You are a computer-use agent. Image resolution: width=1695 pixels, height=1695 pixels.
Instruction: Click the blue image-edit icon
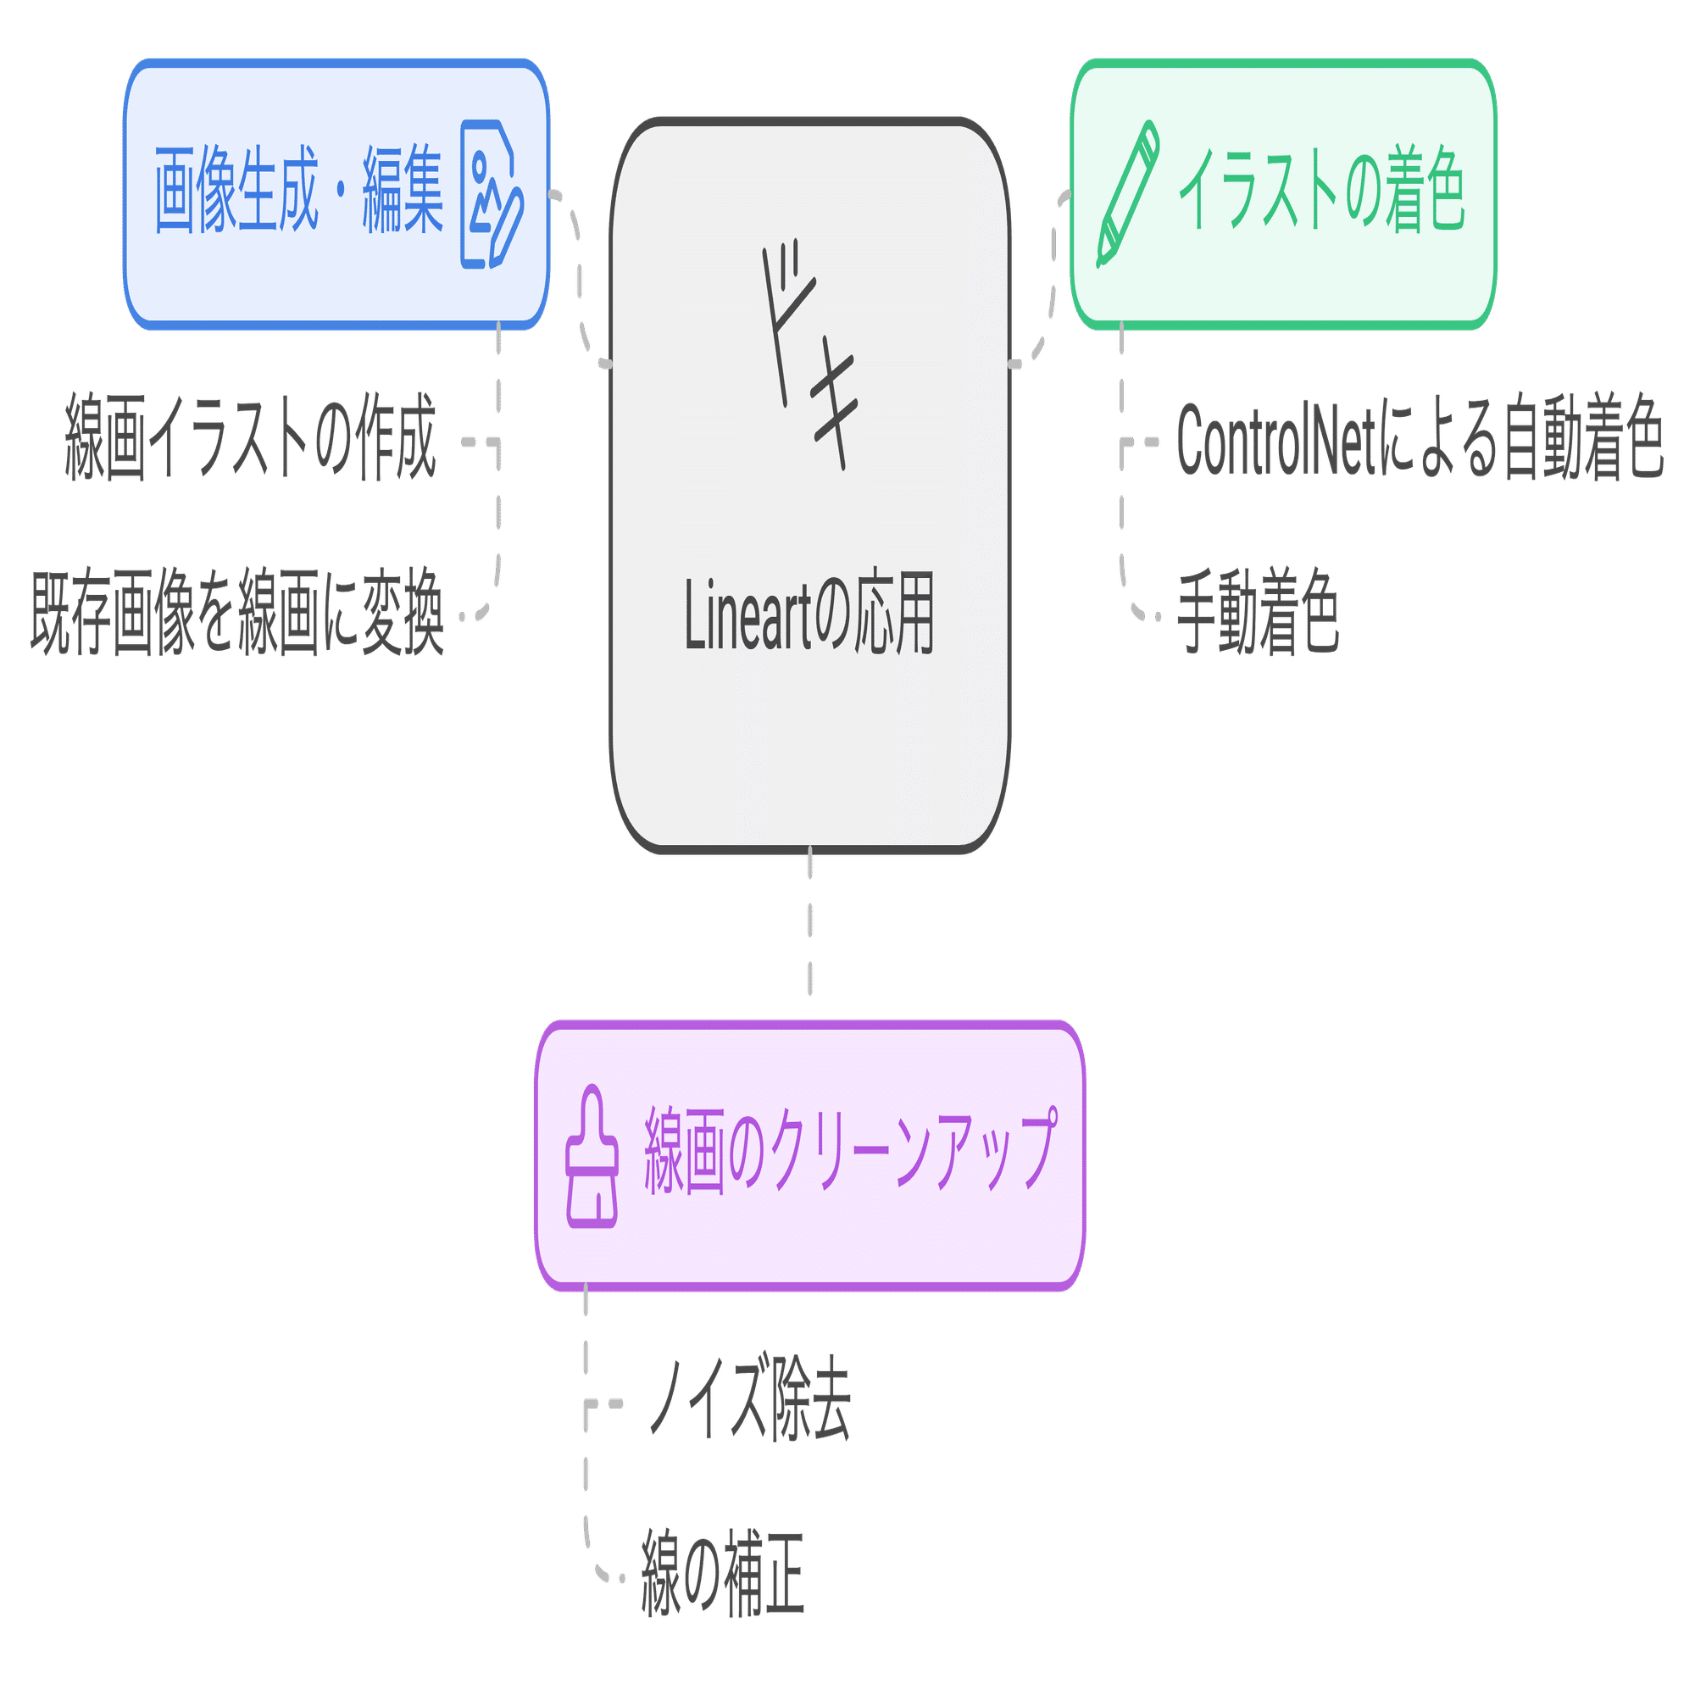click(492, 194)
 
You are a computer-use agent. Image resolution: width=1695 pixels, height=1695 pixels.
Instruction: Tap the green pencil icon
click(1128, 193)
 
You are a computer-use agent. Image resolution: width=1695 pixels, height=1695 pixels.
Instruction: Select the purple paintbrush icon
click(592, 1155)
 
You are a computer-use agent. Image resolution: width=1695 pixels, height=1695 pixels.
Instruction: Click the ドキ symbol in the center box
click(809, 355)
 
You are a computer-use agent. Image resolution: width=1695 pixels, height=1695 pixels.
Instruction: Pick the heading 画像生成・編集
click(298, 191)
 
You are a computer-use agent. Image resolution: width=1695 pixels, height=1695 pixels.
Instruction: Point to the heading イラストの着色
click(1321, 190)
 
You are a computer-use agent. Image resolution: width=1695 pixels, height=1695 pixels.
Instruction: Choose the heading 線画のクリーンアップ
click(850, 1150)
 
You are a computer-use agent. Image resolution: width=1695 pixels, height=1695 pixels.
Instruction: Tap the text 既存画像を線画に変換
click(237, 612)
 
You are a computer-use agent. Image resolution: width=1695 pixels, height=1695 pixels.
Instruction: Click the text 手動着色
click(1258, 612)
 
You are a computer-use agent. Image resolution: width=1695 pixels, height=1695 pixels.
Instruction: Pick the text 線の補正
click(723, 1573)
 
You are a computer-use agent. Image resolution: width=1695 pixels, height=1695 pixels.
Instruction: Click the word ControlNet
click(1276, 438)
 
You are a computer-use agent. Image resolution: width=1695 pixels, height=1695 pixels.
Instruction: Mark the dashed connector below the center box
click(809, 921)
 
